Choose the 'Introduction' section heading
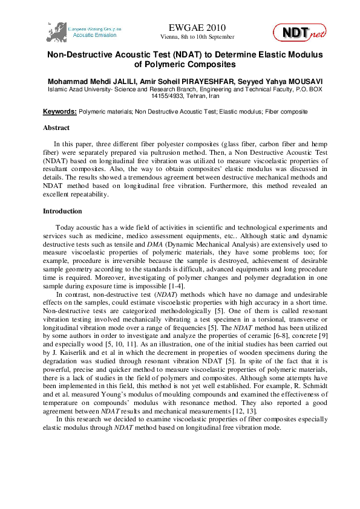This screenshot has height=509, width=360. click(62, 212)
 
